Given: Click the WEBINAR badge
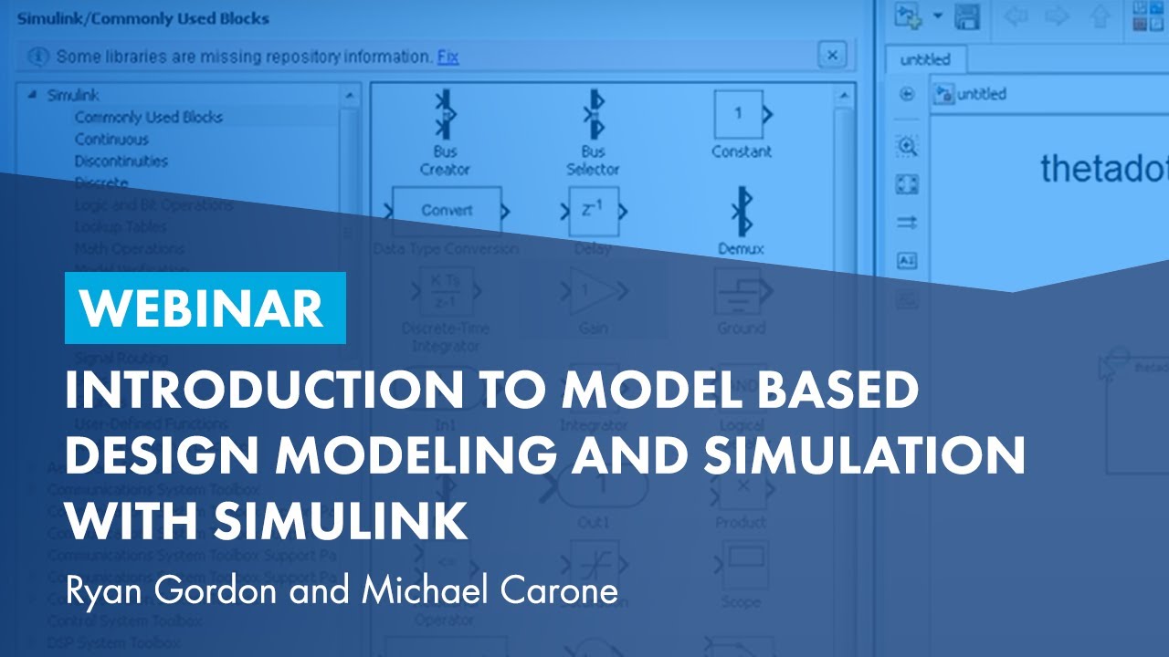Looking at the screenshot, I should click(205, 308).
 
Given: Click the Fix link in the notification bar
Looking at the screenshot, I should click(448, 57).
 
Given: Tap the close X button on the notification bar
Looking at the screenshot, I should click(831, 56).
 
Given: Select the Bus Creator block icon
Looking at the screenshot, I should click(445, 114).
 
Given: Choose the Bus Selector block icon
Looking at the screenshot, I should click(593, 114).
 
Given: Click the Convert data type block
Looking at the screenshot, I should click(447, 210).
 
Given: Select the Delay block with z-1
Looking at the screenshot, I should click(594, 211).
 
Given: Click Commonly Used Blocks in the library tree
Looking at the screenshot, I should click(148, 117).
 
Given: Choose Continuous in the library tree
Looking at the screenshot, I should click(111, 139).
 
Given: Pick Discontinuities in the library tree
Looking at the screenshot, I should click(121, 161).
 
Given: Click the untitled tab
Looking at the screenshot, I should click(925, 59).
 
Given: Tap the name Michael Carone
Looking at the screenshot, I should click(490, 590).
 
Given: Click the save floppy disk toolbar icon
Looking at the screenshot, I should click(966, 16).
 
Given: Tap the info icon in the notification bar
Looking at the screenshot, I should click(38, 57).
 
